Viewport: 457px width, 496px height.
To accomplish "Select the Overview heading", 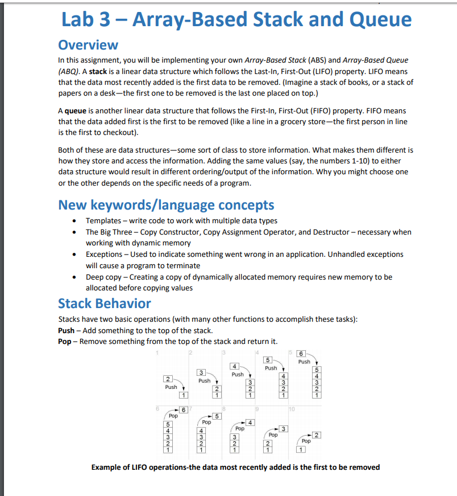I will point(88,44).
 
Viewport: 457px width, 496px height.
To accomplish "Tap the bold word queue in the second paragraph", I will point(76,110).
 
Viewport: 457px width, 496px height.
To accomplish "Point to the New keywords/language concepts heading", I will point(166,205).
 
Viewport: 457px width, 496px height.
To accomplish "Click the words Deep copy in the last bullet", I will point(103,276).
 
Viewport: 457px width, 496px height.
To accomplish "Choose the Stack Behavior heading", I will point(105,303).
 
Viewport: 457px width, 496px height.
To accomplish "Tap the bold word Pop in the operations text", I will point(65,341).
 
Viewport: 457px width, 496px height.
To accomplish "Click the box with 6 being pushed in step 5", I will point(302,353).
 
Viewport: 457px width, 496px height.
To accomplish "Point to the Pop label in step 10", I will point(306,441).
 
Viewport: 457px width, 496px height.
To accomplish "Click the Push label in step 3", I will point(238,374).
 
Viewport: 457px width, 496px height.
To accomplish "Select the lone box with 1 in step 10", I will point(302,449).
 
